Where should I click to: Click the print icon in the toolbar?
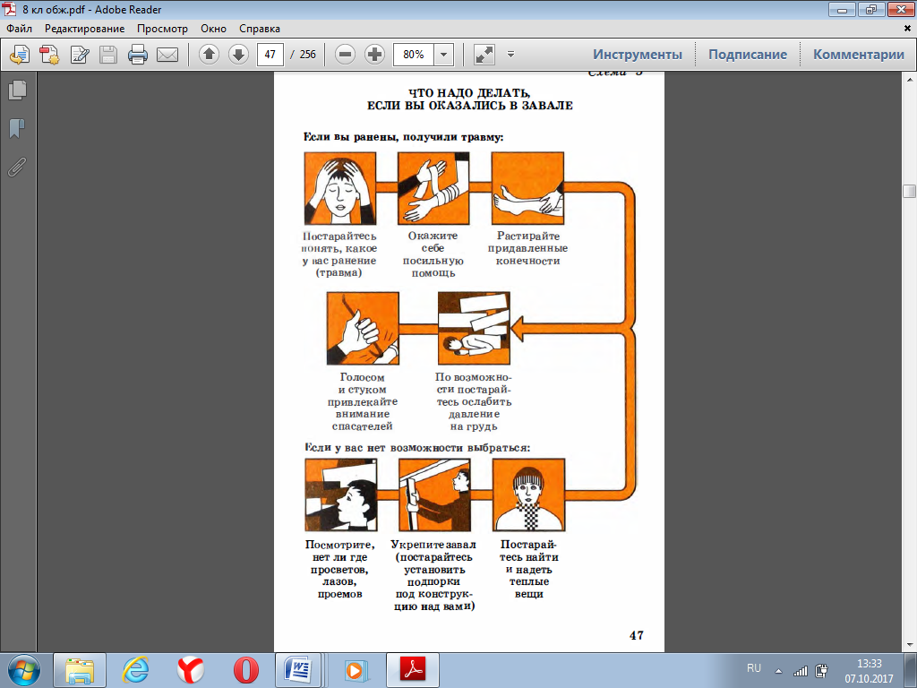tap(137, 55)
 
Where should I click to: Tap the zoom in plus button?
tap(374, 55)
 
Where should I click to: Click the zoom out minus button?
tap(345, 55)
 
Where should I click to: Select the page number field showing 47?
tap(270, 55)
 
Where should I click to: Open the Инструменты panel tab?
tap(638, 55)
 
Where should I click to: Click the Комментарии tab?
tap(859, 55)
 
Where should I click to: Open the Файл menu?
tap(20, 29)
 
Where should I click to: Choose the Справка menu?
tap(260, 29)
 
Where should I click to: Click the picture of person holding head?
tap(339, 188)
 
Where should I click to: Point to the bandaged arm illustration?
tap(433, 188)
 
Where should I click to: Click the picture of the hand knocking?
tap(363, 328)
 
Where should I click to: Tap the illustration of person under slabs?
tap(474, 328)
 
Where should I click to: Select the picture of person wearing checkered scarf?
tap(528, 494)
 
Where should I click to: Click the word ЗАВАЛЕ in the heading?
tap(547, 106)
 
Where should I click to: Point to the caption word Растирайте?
tap(528, 236)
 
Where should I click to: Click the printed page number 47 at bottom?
tap(637, 635)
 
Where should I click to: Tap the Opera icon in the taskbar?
tap(245, 670)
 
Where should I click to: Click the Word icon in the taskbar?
tap(298, 670)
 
